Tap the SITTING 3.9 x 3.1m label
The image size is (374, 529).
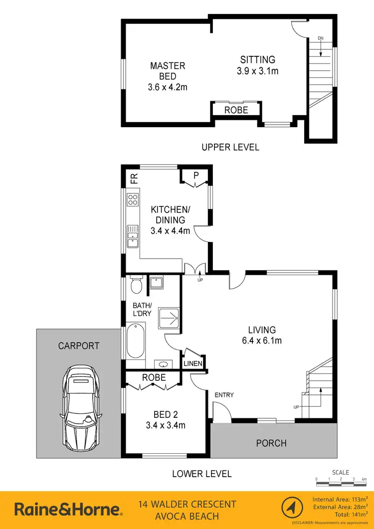tap(257, 65)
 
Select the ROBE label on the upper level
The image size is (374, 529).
tap(236, 110)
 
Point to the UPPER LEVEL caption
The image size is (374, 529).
tap(230, 147)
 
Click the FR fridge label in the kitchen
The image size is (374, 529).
tap(133, 178)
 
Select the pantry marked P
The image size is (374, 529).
tap(192, 176)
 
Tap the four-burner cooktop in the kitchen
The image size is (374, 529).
tap(133, 200)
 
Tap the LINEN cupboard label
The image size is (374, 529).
tap(193, 363)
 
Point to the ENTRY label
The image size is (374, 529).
tap(224, 395)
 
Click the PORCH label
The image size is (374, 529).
tap(271, 443)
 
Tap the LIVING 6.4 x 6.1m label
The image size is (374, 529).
tap(262, 335)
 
